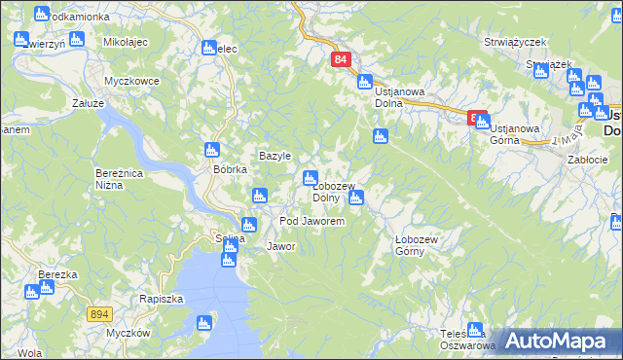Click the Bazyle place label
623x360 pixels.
[275, 156]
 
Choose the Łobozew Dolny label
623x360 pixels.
[332, 192]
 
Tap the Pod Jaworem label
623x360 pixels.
[311, 222]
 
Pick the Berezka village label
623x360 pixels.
[57, 274]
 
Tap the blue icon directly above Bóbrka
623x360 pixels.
[212, 150]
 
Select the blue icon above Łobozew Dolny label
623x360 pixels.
[311, 178]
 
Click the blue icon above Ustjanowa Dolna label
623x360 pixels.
[365, 82]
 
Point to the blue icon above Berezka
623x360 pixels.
[45, 259]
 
